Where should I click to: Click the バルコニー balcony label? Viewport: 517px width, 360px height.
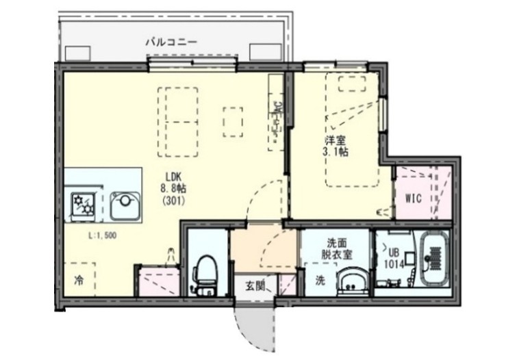171,42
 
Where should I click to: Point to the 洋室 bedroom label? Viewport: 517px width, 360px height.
335,140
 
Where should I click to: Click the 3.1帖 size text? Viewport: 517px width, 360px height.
335,152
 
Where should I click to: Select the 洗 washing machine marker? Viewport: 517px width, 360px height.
320,280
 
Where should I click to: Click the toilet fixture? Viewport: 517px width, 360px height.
205,274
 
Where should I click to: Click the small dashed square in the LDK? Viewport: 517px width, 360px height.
234,120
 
